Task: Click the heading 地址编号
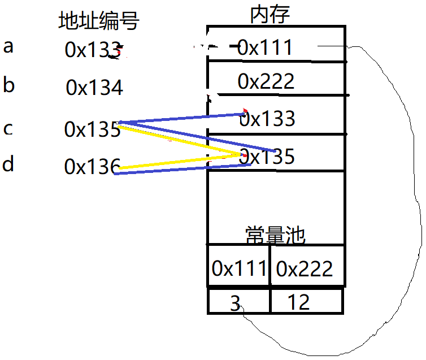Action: (x=99, y=21)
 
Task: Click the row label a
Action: (x=8, y=46)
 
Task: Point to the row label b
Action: (x=8, y=85)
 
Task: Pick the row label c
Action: (x=8, y=129)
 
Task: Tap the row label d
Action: (x=8, y=165)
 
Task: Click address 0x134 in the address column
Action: (x=94, y=88)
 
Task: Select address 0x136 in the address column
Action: (x=92, y=166)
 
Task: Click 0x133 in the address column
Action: (x=93, y=50)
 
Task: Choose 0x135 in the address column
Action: (x=92, y=129)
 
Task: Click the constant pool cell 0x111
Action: (x=239, y=268)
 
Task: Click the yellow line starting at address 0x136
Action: (x=175, y=162)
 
